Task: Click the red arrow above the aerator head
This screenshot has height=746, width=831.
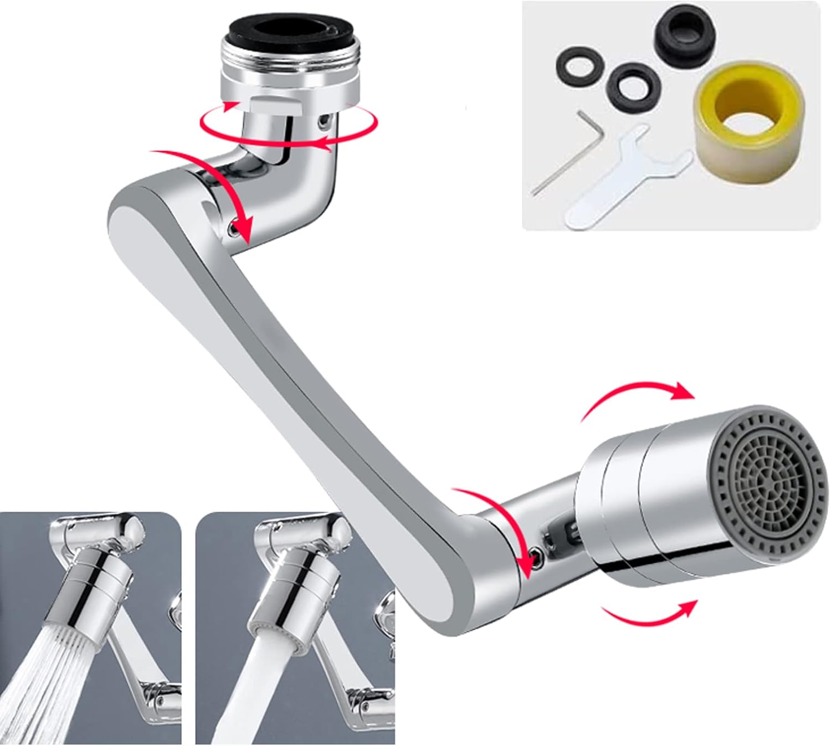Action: pyautogui.click(x=637, y=396)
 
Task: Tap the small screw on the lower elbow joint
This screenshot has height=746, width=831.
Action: pyautogui.click(x=536, y=553)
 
